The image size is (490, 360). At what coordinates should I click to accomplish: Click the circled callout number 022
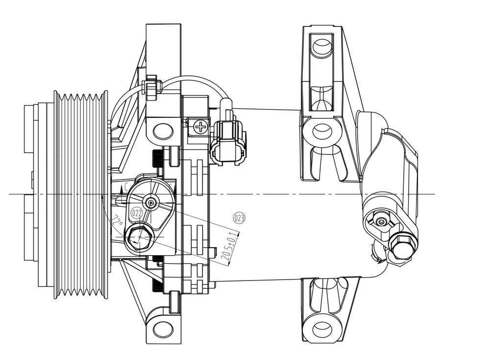click(137, 213)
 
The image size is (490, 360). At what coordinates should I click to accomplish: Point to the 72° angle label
click(117, 221)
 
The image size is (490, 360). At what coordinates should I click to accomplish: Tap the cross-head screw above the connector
click(200, 128)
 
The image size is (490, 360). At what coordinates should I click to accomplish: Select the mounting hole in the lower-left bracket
click(163, 328)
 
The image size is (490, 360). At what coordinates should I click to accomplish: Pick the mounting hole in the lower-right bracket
click(322, 328)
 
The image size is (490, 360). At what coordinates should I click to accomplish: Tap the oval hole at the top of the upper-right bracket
click(322, 48)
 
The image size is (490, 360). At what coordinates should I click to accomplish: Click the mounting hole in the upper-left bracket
click(163, 131)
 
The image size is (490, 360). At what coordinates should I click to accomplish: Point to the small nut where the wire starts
click(152, 87)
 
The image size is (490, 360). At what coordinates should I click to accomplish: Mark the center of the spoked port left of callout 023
click(151, 202)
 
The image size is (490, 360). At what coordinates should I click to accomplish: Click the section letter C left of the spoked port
click(127, 186)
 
